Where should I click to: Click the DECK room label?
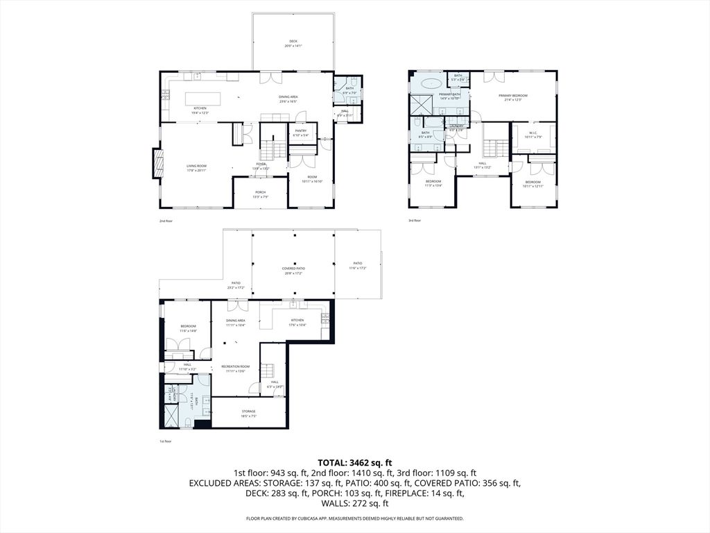pyautogui.click(x=293, y=41)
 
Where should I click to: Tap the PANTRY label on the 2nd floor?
pyautogui.click(x=300, y=130)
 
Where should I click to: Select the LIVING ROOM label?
pyautogui.click(x=197, y=166)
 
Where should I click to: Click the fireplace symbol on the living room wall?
pyautogui.click(x=157, y=164)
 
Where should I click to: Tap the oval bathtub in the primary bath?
pyautogui.click(x=431, y=83)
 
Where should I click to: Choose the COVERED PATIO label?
pyautogui.click(x=293, y=268)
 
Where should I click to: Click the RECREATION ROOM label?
pyautogui.click(x=235, y=366)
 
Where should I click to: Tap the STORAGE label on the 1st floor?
pyautogui.click(x=248, y=411)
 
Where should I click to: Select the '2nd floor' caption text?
pyautogui.click(x=167, y=221)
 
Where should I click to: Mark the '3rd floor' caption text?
pyautogui.click(x=415, y=221)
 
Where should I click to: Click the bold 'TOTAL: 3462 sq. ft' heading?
pyautogui.click(x=355, y=462)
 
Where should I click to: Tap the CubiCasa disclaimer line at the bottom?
pyautogui.click(x=355, y=518)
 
